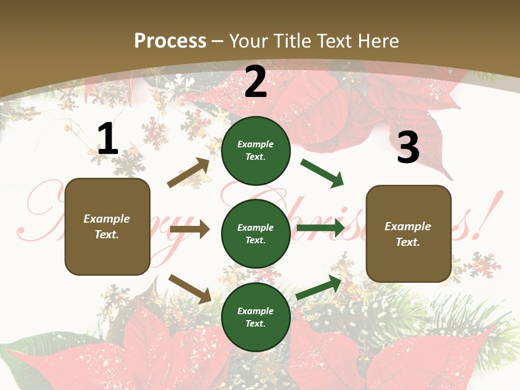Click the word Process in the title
[x=170, y=41]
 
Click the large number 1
[x=108, y=139]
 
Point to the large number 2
[x=256, y=81]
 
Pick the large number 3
[x=408, y=147]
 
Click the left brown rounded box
[x=107, y=226]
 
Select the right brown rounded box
[x=408, y=233]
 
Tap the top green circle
[x=256, y=151]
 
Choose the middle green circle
[x=256, y=233]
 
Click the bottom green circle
[x=256, y=317]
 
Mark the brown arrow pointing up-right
[x=188, y=173]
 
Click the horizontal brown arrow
[x=190, y=229]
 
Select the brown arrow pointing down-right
[x=190, y=288]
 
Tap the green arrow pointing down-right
[x=322, y=173]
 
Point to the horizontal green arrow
[x=321, y=227]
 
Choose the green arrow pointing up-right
[x=318, y=288]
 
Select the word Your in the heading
[x=248, y=41]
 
